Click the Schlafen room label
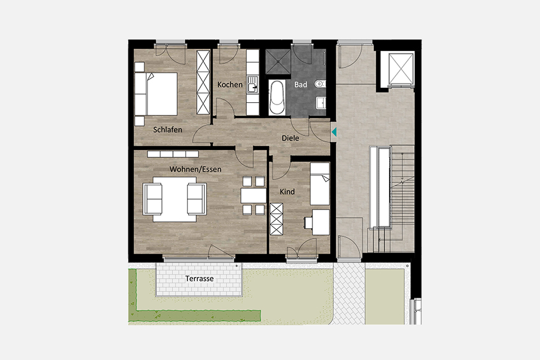click(x=167, y=130)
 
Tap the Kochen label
click(x=230, y=84)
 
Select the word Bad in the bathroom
click(x=301, y=84)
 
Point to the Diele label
click(x=290, y=138)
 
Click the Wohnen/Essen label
click(x=195, y=169)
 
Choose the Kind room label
click(x=287, y=192)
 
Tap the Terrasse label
click(x=199, y=278)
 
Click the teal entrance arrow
click(x=334, y=132)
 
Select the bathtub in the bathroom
click(x=277, y=98)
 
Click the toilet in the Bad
click(x=320, y=84)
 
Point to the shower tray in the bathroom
click(x=278, y=62)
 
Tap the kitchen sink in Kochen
click(x=253, y=85)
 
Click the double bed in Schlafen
click(x=156, y=93)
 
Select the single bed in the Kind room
click(x=320, y=184)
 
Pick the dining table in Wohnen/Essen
click(x=254, y=195)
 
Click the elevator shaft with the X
click(x=401, y=69)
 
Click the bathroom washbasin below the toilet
click(x=321, y=103)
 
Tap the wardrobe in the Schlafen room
click(x=203, y=82)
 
